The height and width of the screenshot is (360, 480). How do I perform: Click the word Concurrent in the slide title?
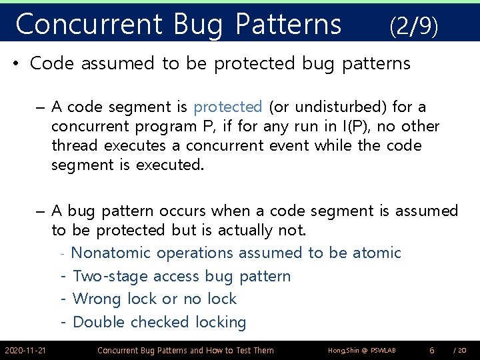pyautogui.click(x=88, y=25)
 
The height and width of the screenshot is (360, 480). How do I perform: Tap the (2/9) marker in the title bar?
pyautogui.click(x=413, y=26)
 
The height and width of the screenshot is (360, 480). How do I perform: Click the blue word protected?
pyautogui.click(x=228, y=107)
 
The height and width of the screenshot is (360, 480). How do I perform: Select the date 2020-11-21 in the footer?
pyautogui.click(x=25, y=350)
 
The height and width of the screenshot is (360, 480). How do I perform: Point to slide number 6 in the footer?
pyautogui.click(x=432, y=350)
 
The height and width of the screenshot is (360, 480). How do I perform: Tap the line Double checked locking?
pyautogui.click(x=159, y=323)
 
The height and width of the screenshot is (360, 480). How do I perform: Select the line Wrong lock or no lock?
pyautogui.click(x=154, y=299)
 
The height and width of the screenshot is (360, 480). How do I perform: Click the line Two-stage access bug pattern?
pyautogui.click(x=181, y=276)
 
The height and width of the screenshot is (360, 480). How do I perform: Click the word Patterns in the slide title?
pyautogui.click(x=288, y=25)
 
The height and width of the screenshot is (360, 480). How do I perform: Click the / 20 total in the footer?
pyautogui.click(x=459, y=350)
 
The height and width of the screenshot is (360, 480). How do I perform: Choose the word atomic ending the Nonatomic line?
pyautogui.click(x=377, y=253)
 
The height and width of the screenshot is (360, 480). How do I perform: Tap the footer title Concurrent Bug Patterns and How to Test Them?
pyautogui.click(x=185, y=350)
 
